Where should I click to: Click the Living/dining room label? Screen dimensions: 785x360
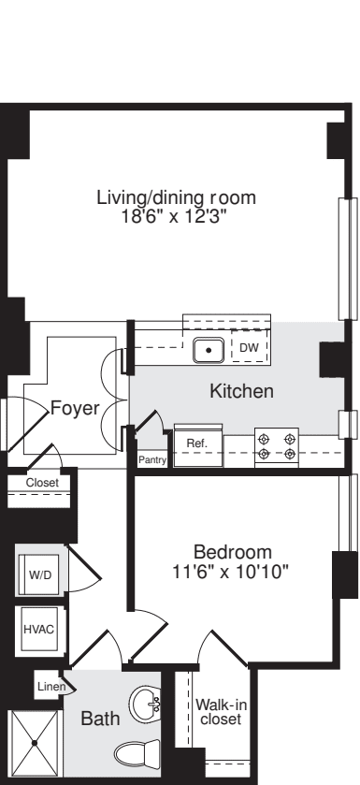pos(176,198)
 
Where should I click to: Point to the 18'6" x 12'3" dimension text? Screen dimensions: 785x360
pos(176,216)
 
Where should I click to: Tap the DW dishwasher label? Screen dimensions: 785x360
pos(247,348)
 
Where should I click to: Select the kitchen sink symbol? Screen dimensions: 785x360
pos(208,350)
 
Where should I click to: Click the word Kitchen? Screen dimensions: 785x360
pos(240,391)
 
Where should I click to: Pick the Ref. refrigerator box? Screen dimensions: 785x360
pos(196,443)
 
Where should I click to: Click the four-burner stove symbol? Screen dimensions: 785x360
pos(277,444)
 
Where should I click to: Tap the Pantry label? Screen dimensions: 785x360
pos(151,460)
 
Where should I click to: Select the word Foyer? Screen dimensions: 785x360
pos(75,408)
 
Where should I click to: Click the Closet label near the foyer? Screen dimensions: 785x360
pos(41,483)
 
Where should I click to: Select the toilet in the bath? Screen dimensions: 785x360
pos(139,752)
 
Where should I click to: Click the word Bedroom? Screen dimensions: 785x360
pos(232,551)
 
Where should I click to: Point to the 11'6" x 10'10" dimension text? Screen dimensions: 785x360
pos(232,570)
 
